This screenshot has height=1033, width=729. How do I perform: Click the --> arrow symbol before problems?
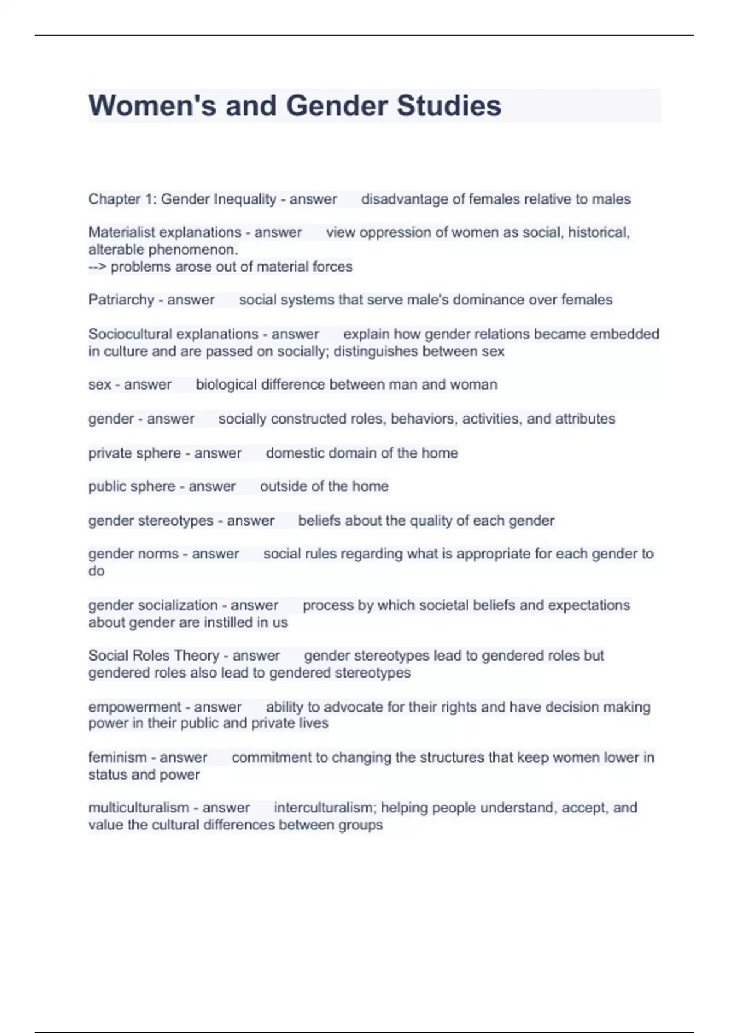point(97,267)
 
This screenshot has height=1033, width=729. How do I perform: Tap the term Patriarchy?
point(121,300)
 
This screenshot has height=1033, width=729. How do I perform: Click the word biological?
point(226,385)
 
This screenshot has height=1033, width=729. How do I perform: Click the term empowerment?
point(134,707)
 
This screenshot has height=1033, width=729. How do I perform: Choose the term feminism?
point(118,758)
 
